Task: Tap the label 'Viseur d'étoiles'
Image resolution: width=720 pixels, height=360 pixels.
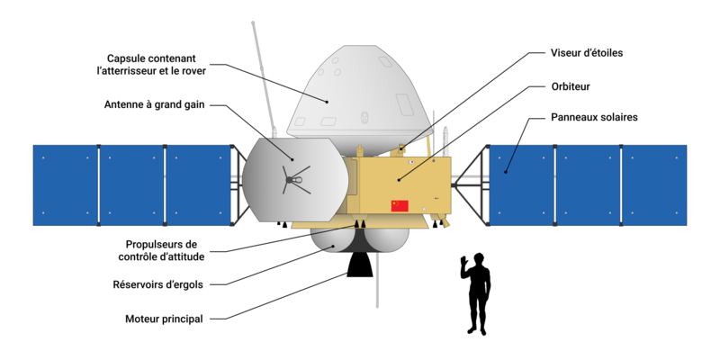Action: (586, 53)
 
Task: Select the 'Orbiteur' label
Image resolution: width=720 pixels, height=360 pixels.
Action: (571, 87)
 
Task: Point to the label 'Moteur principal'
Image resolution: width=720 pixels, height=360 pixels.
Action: (163, 319)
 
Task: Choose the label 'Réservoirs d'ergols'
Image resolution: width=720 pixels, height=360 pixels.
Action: (163, 285)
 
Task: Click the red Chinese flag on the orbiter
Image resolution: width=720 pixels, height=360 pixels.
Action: (400, 206)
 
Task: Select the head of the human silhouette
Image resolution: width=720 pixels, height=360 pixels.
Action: (479, 259)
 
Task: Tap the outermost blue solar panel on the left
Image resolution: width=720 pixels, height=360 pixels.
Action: (65, 185)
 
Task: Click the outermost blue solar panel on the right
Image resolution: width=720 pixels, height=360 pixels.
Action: (655, 185)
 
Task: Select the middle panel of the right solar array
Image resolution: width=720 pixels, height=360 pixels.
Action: (588, 185)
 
